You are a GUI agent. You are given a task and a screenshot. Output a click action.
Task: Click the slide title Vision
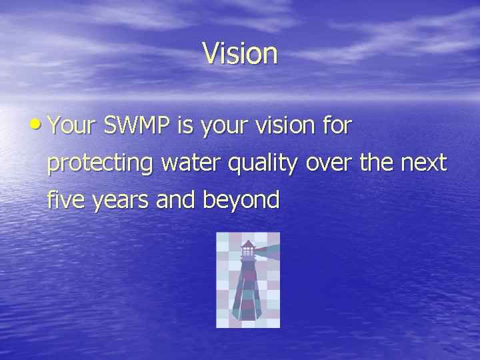240,54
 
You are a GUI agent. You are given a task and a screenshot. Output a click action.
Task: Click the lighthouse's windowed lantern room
247,252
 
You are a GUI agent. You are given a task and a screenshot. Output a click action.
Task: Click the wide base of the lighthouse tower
247,311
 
